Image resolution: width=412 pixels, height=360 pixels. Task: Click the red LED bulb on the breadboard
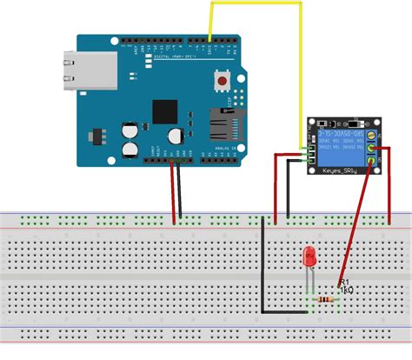[x=309, y=257]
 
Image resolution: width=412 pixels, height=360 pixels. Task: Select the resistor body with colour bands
[x=328, y=299]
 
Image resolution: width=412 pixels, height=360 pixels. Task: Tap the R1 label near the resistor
[x=344, y=283]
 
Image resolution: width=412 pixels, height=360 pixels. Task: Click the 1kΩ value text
[x=345, y=291]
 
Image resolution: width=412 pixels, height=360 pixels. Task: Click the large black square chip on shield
[x=164, y=111]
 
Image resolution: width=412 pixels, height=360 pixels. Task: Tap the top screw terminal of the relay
[x=372, y=137]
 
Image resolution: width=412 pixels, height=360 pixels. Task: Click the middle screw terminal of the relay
[x=372, y=150]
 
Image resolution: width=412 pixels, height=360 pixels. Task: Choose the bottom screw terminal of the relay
[x=372, y=163]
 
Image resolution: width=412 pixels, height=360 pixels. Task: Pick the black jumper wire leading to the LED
[x=262, y=270]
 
